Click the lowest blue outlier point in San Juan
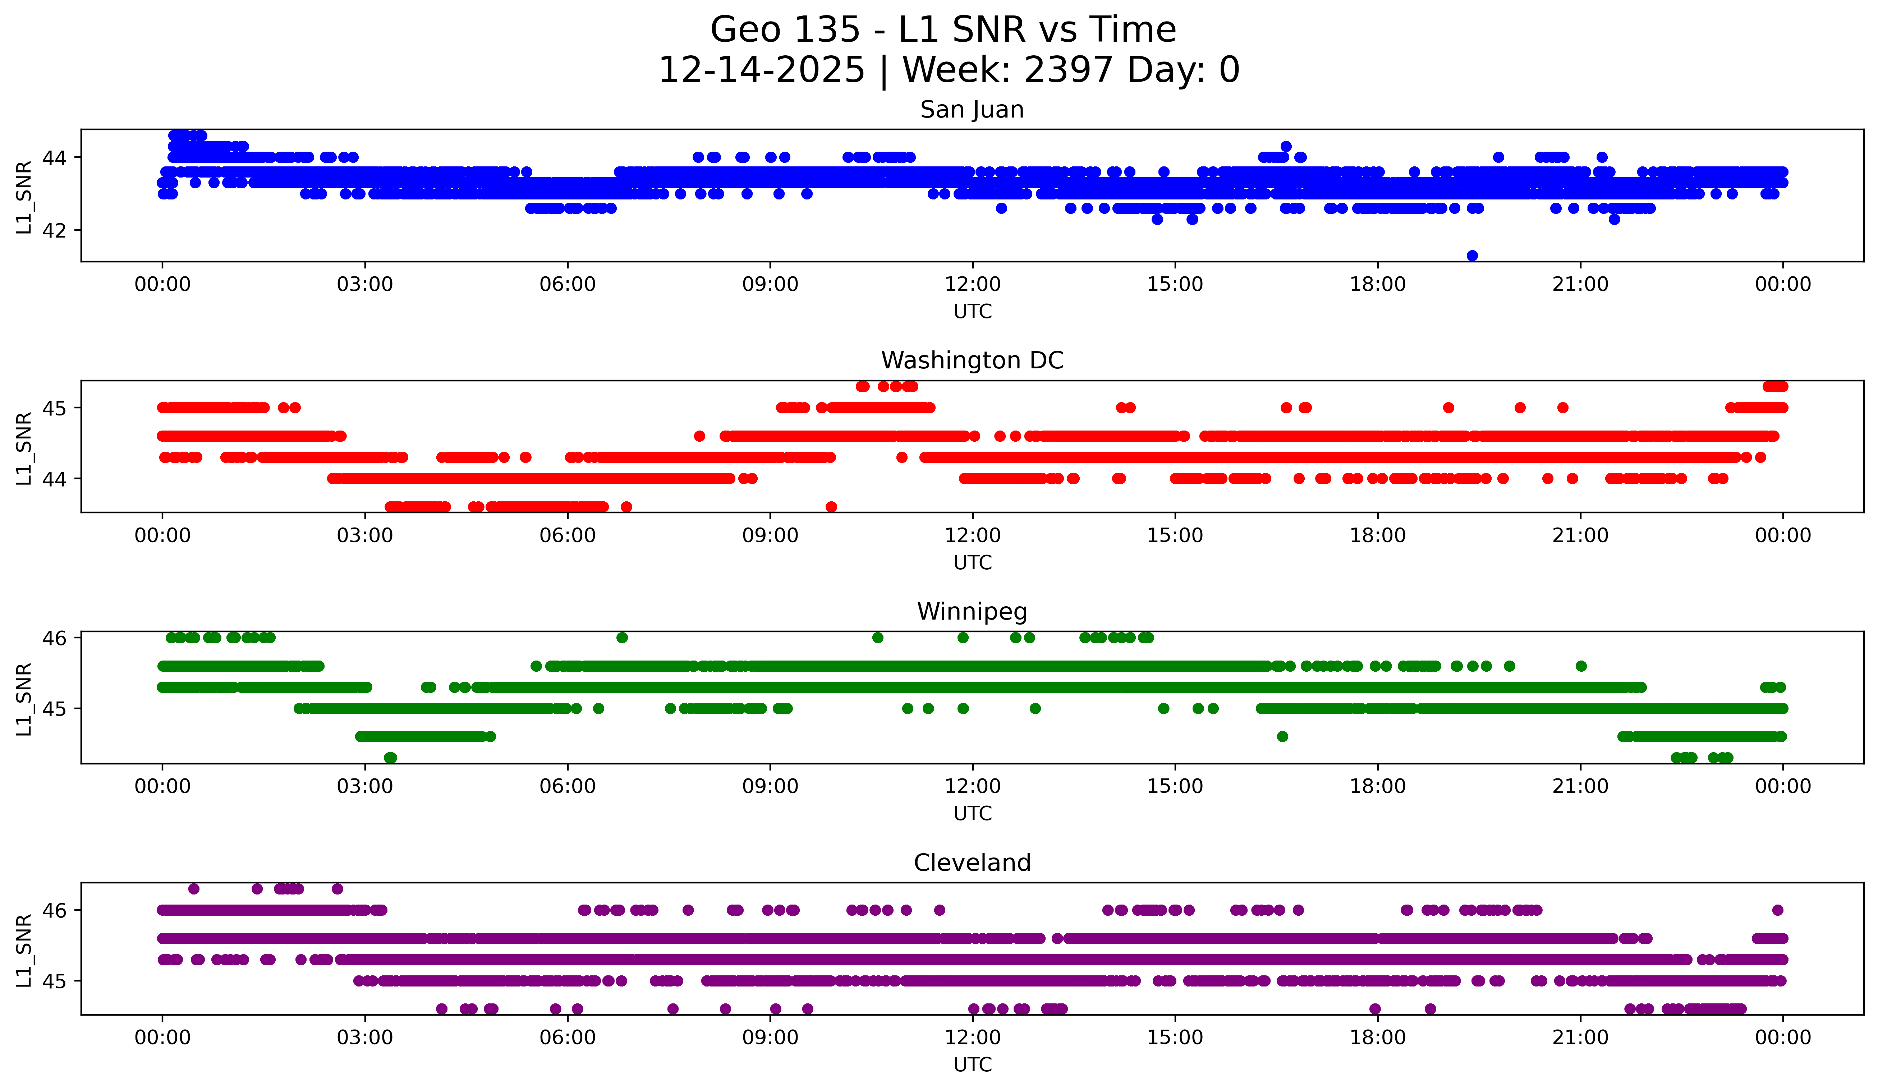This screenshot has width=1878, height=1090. (1472, 256)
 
